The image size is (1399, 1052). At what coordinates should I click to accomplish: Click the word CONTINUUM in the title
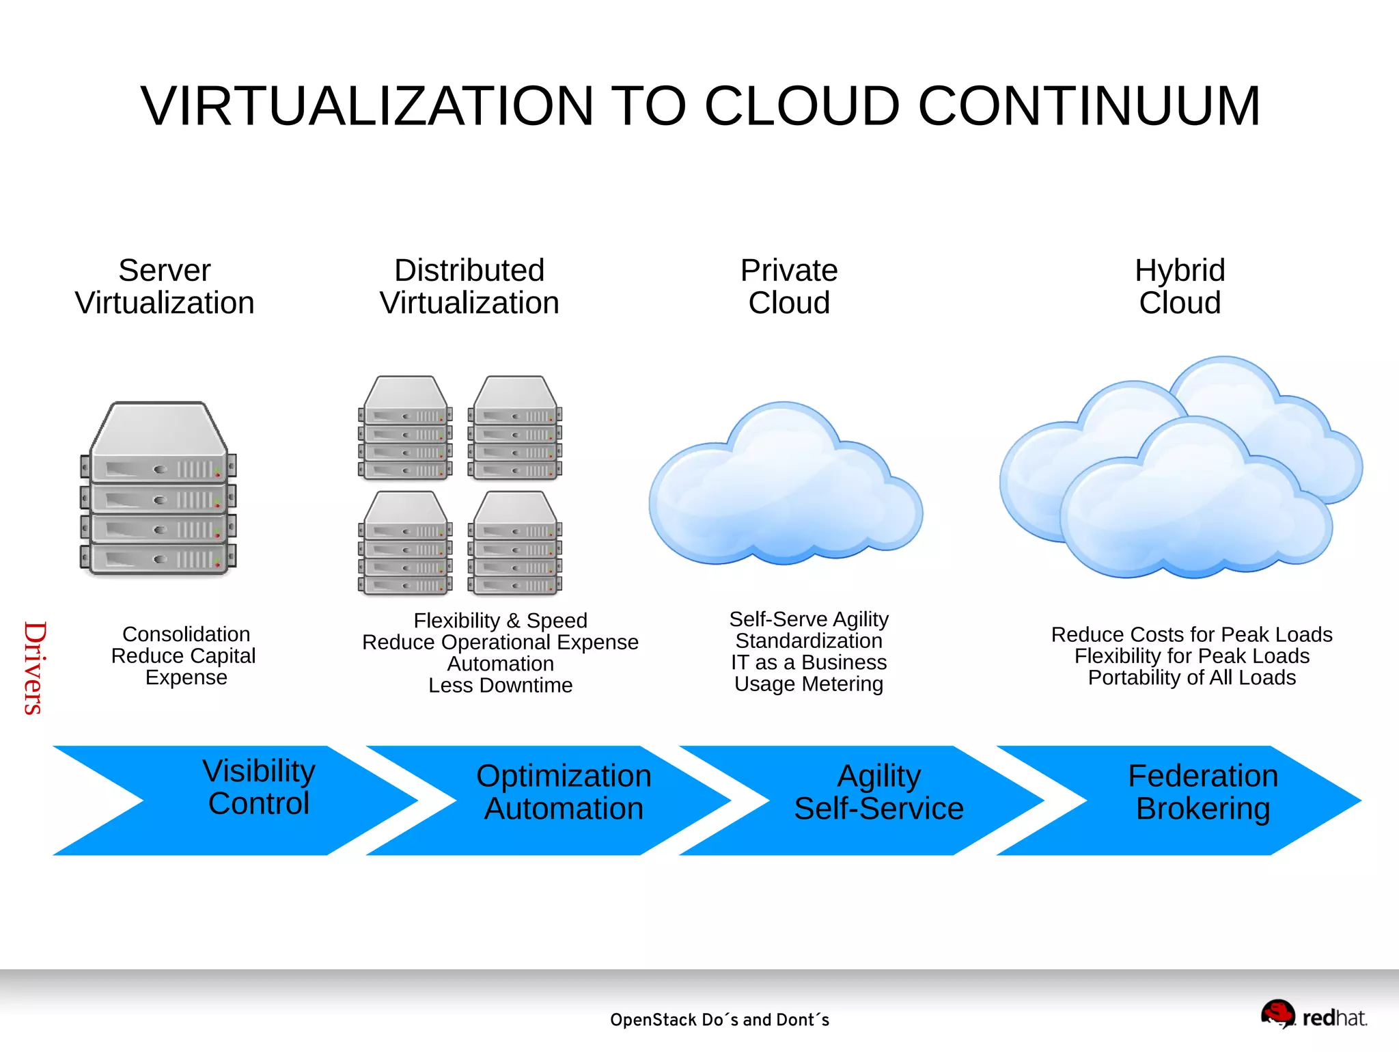1089,107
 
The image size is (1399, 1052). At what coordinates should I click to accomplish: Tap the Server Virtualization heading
165,286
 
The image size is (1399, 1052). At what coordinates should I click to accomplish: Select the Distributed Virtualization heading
469,286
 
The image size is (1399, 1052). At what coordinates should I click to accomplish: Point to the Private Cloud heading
789,286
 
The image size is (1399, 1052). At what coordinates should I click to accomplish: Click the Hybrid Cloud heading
1180,286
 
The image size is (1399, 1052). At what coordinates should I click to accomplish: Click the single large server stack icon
158,489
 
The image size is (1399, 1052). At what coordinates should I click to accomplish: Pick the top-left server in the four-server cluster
405,428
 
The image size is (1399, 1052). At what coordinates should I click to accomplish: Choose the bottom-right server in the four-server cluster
514,543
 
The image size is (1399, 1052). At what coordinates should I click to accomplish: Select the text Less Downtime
500,685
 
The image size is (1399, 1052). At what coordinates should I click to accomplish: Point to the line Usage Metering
809,684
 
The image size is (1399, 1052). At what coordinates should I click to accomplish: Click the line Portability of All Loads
1191,677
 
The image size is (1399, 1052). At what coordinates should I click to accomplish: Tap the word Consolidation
186,634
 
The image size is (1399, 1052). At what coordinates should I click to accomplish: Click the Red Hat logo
1313,1015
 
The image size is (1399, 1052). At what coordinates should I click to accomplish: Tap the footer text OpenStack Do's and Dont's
719,1020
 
